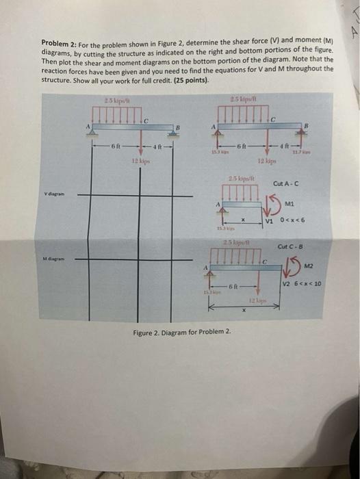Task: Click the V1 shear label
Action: [270, 221]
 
